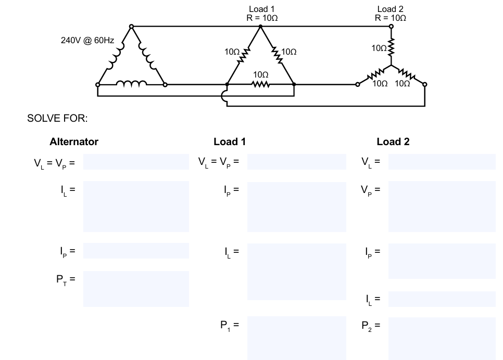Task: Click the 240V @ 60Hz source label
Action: pyautogui.click(x=87, y=41)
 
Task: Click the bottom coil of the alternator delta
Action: pyautogui.click(x=132, y=83)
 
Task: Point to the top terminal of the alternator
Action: pyautogui.click(x=131, y=27)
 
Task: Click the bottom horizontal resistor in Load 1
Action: pyautogui.click(x=261, y=85)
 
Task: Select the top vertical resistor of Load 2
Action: pyautogui.click(x=391, y=47)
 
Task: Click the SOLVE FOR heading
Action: pyautogui.click(x=57, y=118)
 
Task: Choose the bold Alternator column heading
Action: pyautogui.click(x=74, y=142)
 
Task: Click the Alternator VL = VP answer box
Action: pyautogui.click(x=136, y=162)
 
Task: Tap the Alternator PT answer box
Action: pyautogui.click(x=136, y=289)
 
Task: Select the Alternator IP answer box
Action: pyautogui.click(x=136, y=251)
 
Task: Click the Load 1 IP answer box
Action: pyautogui.click(x=297, y=207)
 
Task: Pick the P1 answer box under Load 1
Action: pyautogui.click(x=297, y=338)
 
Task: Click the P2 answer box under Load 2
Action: pyautogui.click(x=442, y=339)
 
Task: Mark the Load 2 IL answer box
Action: pyautogui.click(x=442, y=299)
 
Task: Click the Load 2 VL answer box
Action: pyautogui.click(x=442, y=162)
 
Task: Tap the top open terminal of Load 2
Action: pyautogui.click(x=391, y=27)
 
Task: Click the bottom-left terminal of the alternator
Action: pyautogui.click(x=98, y=85)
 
